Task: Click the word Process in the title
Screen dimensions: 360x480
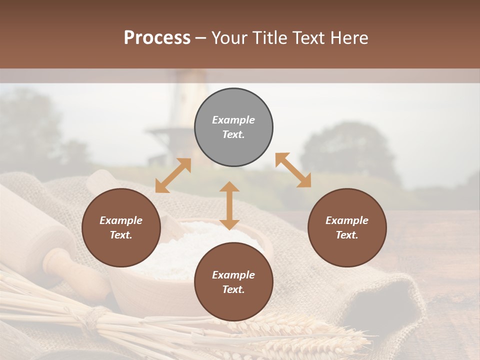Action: pos(157,38)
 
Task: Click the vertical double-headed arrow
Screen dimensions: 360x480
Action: pos(229,205)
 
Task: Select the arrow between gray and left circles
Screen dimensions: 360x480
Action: pos(173,175)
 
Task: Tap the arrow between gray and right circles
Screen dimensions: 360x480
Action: pos(293,170)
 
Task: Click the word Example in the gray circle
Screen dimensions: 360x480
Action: pos(233,120)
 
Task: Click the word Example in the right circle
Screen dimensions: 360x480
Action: pos(347,220)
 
